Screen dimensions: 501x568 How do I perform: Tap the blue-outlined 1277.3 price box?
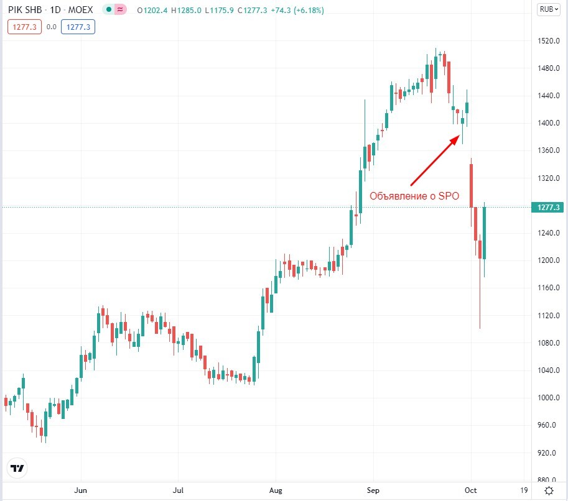point(78,27)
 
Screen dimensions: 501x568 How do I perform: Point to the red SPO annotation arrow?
point(435,161)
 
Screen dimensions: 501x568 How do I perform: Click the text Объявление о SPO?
point(414,196)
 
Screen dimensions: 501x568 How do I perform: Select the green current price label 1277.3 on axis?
point(547,207)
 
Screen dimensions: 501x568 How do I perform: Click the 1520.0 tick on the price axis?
point(547,41)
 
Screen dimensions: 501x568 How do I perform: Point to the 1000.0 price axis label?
point(547,398)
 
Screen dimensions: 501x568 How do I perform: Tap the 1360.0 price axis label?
point(547,151)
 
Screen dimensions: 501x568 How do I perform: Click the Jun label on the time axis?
point(81,490)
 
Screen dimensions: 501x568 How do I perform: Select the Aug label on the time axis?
point(275,490)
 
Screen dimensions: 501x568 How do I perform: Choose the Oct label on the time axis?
point(470,490)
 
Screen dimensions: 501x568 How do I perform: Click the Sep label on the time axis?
point(373,490)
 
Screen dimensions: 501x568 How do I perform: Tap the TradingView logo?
point(18,468)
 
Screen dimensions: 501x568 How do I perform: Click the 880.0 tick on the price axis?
point(547,480)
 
